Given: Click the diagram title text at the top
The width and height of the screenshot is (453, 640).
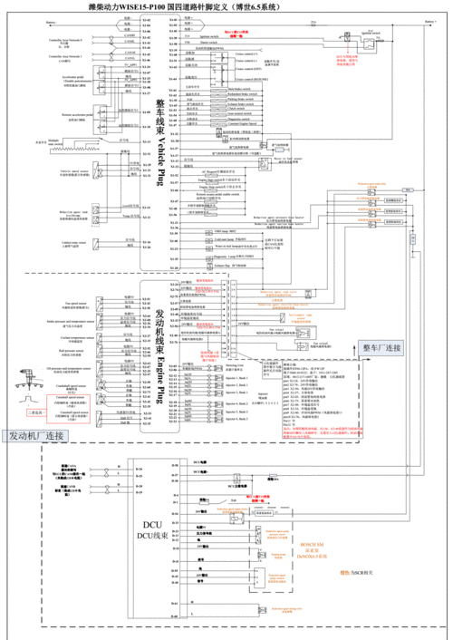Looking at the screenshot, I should (226, 7).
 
